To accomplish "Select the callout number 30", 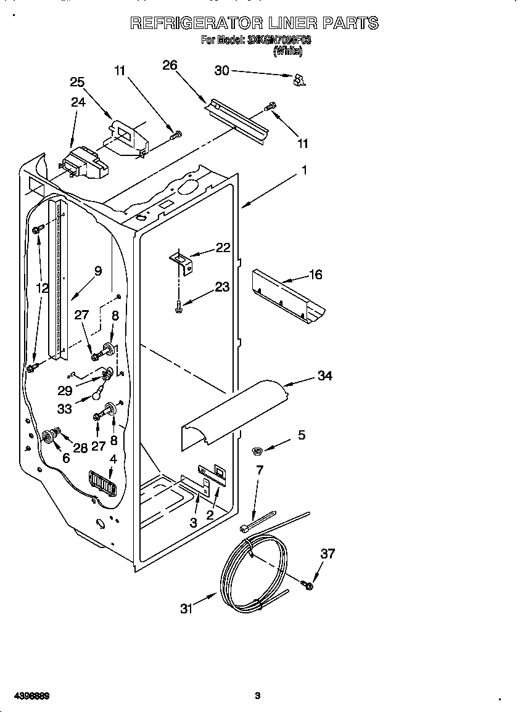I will point(221,71).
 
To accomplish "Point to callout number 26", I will point(170,65).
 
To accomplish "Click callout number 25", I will point(77,82).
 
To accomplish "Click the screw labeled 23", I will point(178,305).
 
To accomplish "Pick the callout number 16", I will point(315,275).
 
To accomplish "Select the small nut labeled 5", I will point(258,452).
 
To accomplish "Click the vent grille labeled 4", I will point(102,482).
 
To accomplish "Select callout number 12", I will point(42,287).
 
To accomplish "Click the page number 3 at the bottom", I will point(258,696).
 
